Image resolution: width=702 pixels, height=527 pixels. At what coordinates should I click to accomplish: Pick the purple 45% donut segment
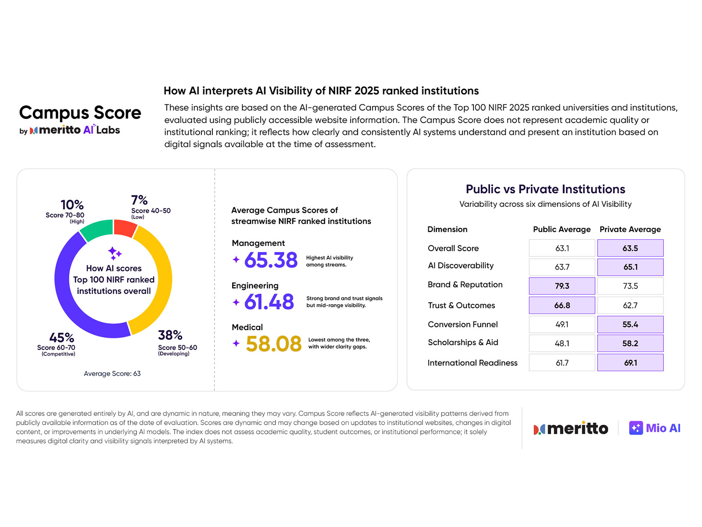[75, 307]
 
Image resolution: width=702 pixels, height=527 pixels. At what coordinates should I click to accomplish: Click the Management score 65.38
[271, 260]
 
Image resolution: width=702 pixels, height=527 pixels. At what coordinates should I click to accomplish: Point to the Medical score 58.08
[273, 344]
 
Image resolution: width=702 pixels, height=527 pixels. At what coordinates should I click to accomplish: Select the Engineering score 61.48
[269, 302]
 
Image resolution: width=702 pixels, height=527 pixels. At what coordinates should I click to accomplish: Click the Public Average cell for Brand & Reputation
[562, 286]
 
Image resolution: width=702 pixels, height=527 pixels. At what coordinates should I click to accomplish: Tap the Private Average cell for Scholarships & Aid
[630, 343]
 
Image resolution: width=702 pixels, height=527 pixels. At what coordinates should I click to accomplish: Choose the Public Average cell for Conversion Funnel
[562, 325]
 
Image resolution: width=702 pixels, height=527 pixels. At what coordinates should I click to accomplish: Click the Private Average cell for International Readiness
[630, 363]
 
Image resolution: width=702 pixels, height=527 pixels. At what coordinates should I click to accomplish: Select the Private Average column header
[630, 229]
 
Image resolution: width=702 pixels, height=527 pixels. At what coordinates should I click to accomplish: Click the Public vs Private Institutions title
[545, 189]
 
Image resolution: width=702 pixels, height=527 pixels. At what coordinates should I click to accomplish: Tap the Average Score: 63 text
[112, 374]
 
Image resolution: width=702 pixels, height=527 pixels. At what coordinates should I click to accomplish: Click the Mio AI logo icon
[636, 428]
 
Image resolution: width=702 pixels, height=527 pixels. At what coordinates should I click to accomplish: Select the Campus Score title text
[80, 113]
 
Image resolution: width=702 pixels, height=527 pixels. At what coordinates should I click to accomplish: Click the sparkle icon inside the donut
[114, 253]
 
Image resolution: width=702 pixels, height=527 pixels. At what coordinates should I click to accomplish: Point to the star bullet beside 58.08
[236, 343]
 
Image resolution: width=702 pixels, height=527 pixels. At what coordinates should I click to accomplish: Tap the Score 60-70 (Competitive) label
[56, 350]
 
